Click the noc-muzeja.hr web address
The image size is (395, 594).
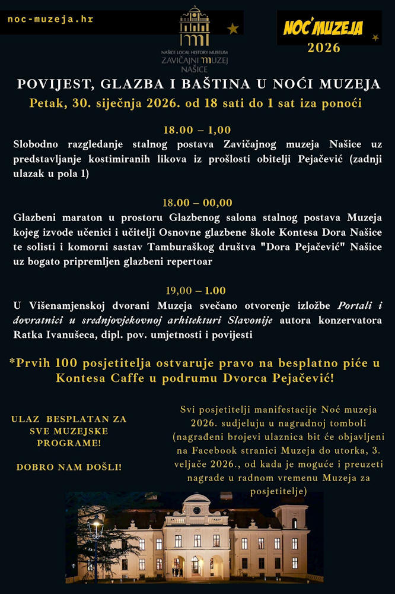tap(50, 19)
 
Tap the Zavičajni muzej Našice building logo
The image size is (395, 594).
tap(195, 27)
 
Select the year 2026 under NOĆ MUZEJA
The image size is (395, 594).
tap(324, 48)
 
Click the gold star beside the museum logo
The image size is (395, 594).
tap(233, 28)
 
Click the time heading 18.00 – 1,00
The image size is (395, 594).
tap(197, 129)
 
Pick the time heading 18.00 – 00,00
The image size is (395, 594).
tap(197, 203)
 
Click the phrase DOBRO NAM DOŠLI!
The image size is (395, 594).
tap(69, 467)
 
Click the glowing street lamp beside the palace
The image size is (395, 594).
tap(95, 524)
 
